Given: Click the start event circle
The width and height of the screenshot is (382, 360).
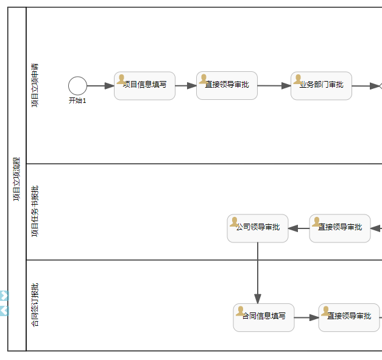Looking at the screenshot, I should tap(77, 86).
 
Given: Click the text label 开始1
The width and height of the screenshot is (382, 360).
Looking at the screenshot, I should tap(77, 101).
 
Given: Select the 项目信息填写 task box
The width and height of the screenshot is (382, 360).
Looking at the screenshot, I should tap(144, 86).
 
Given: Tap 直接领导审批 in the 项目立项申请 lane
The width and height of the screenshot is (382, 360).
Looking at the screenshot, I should tap(227, 86).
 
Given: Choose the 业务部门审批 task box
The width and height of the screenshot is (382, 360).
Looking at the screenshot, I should tap(321, 86).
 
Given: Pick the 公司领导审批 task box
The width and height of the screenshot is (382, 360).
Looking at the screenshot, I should tap(258, 228).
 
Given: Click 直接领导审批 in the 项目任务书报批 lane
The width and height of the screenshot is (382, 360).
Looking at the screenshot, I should tap(340, 228).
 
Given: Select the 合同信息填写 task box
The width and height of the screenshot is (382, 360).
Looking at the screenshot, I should tap(264, 317).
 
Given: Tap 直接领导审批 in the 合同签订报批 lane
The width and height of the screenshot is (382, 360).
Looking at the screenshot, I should tap(348, 317).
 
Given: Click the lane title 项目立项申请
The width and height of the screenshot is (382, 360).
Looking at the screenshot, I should tap(35, 85).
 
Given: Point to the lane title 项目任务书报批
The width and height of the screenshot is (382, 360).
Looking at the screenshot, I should tap(35, 211).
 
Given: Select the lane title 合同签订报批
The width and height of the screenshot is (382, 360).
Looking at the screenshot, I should tap(35, 305).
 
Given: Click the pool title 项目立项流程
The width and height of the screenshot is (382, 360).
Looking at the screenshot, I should tap(16, 179).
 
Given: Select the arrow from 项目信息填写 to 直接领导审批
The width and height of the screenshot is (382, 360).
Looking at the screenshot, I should tap(186, 86).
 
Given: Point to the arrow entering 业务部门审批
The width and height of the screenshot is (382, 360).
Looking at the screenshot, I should tap(274, 86).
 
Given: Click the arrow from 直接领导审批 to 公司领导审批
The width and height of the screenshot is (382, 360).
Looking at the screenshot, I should tap(299, 228).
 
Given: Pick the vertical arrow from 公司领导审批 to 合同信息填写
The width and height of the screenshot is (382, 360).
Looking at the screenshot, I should tap(258, 274).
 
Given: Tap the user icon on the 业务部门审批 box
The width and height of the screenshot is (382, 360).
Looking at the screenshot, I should tap(298, 79).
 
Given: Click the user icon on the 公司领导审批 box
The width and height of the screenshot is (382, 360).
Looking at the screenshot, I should tap(234, 222).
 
